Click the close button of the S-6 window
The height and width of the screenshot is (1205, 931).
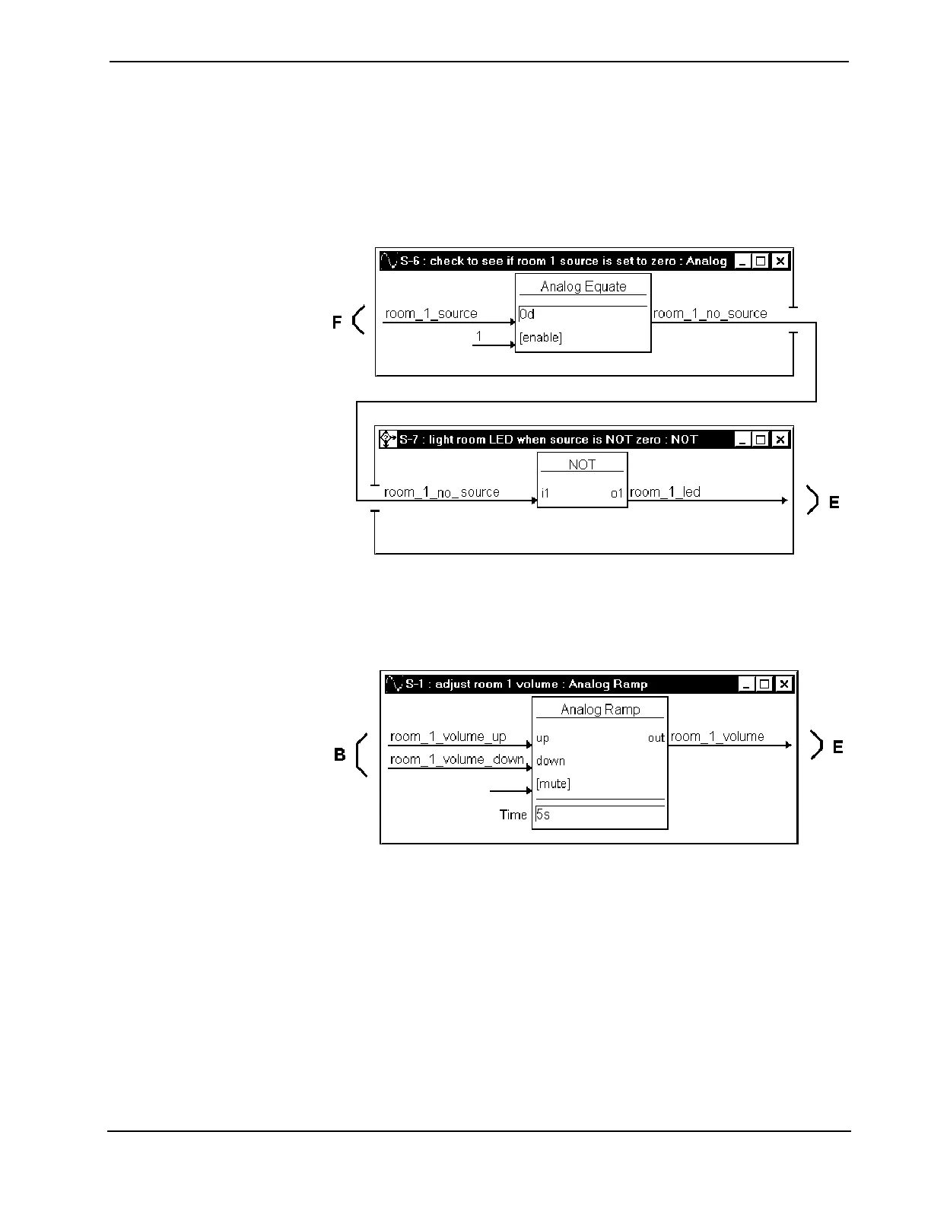[x=780, y=261]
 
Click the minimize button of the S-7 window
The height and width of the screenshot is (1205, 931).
[x=742, y=440]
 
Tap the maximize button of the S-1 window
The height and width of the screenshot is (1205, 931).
[x=765, y=684]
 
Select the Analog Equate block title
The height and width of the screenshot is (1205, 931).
[x=583, y=287]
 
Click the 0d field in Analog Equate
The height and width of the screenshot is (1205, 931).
[x=583, y=314]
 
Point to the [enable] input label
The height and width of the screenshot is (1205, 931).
[x=541, y=338]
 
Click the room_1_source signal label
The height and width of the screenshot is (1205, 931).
[x=431, y=313]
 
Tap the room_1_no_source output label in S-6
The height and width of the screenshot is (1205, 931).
[x=710, y=313]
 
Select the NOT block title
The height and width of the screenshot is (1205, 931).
[x=582, y=465]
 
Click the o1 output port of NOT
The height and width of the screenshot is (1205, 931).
[x=617, y=494]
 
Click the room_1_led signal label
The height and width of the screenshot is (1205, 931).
[x=665, y=492]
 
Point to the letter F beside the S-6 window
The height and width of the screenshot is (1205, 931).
[x=337, y=323]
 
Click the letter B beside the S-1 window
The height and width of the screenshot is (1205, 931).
[x=339, y=755]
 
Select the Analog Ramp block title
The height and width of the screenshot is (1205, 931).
[x=600, y=710]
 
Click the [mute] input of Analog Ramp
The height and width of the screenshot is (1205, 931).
[x=553, y=784]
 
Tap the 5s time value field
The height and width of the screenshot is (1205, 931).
[x=599, y=815]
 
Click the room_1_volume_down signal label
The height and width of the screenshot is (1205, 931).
[x=456, y=759]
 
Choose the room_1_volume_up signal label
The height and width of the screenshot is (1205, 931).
[x=448, y=736]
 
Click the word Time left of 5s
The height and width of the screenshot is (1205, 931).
[x=513, y=815]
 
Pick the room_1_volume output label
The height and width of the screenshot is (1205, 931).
[x=717, y=736]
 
